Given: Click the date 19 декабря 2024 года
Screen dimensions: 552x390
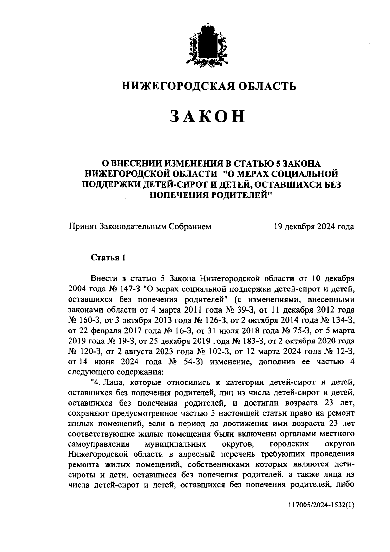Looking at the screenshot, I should click(x=314, y=227).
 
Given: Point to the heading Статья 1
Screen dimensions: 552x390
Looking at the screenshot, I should click(x=108, y=258).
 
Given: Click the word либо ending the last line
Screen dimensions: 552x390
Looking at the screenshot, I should click(x=344, y=486).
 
